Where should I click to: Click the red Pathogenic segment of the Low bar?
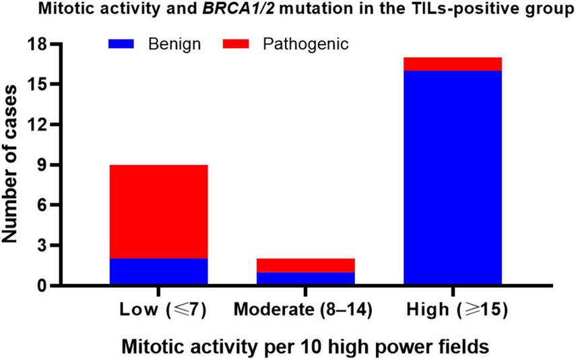[x=158, y=211]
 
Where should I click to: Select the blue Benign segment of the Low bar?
[x=158, y=272]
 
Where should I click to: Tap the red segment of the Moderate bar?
[x=305, y=265]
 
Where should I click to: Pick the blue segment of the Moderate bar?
[x=305, y=278]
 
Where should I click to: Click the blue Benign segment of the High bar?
[x=452, y=178]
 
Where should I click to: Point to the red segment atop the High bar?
[x=452, y=64]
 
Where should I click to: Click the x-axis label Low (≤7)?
[x=159, y=312]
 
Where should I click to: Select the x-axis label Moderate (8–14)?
[x=305, y=312]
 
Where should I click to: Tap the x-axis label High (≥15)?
[x=452, y=312]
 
